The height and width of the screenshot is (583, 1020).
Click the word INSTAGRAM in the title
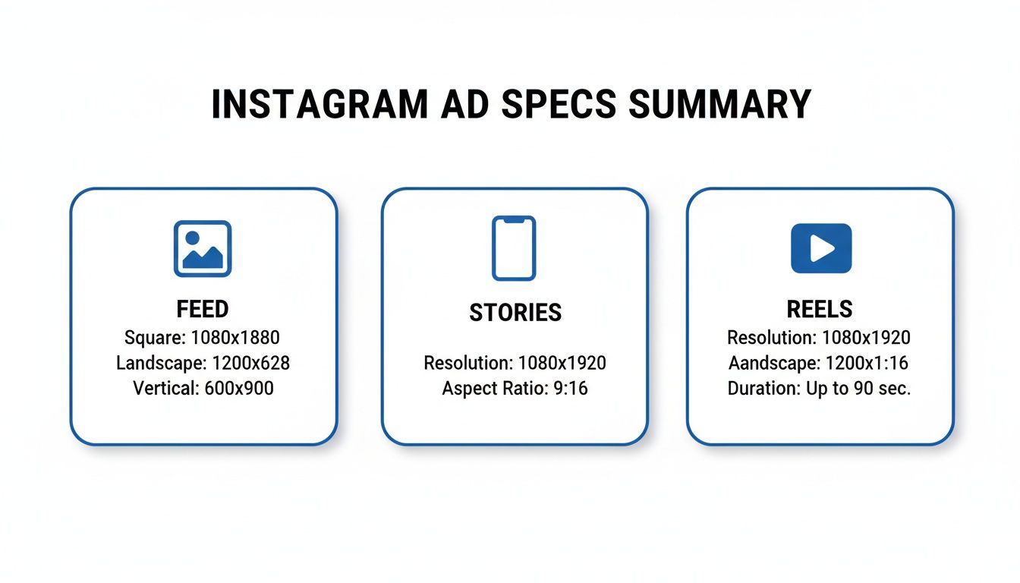click(319, 105)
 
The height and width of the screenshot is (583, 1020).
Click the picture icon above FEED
click(203, 248)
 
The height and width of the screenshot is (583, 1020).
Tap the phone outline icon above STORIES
click(514, 248)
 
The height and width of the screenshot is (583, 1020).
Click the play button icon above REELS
click(820, 248)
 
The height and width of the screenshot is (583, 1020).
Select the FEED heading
click(203, 309)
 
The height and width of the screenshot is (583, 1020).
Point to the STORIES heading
click(515, 312)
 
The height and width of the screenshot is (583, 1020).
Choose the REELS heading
click(820, 309)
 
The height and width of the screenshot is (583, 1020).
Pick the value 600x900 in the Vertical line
click(239, 388)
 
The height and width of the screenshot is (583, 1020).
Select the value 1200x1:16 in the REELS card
click(865, 363)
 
